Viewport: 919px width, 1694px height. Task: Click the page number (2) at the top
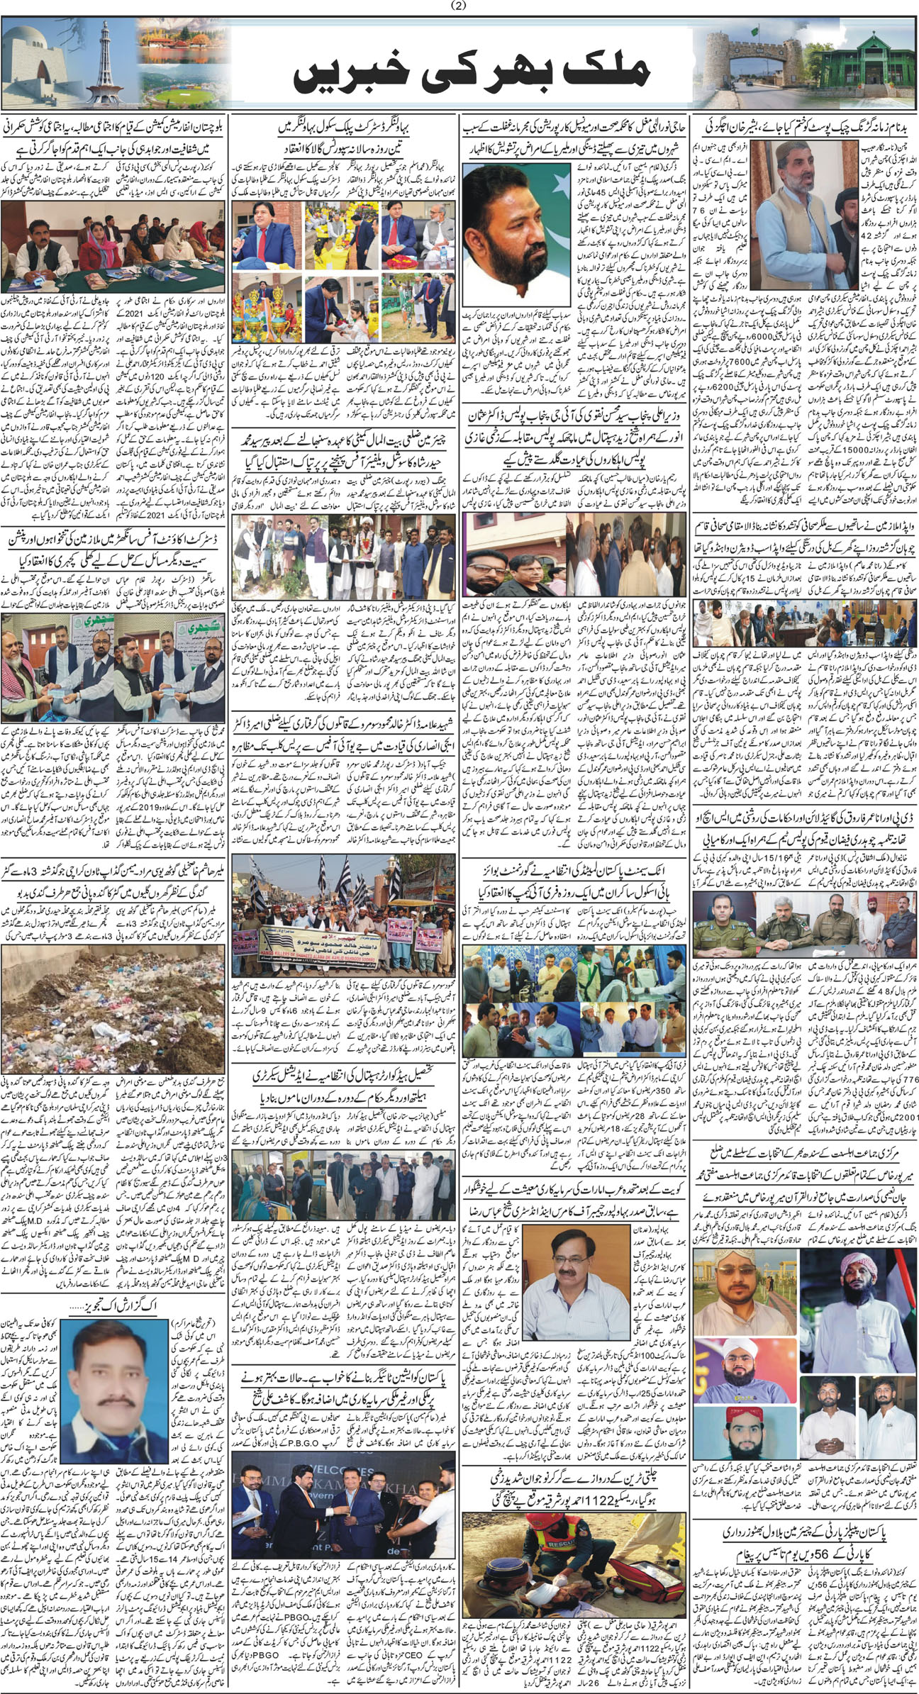tap(459, 6)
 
